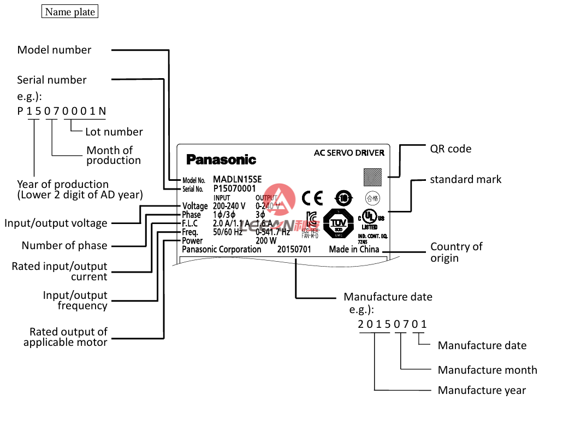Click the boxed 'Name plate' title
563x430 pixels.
(70, 11)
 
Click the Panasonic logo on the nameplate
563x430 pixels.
(221, 160)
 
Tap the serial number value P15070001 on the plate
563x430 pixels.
(234, 189)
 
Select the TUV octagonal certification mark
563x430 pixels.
(339, 224)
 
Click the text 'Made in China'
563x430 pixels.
(354, 249)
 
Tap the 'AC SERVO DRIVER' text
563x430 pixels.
(349, 153)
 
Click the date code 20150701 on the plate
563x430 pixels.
(294, 249)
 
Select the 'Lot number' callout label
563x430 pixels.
(114, 132)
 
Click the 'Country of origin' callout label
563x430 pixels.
(456, 252)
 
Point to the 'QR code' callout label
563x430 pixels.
(451, 149)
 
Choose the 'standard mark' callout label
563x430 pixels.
(465, 179)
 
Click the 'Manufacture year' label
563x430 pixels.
(482, 390)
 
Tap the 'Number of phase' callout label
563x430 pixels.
(64, 245)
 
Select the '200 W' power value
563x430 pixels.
(266, 240)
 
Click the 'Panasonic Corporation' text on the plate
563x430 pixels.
(222, 249)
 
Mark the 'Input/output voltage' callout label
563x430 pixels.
(56, 223)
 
